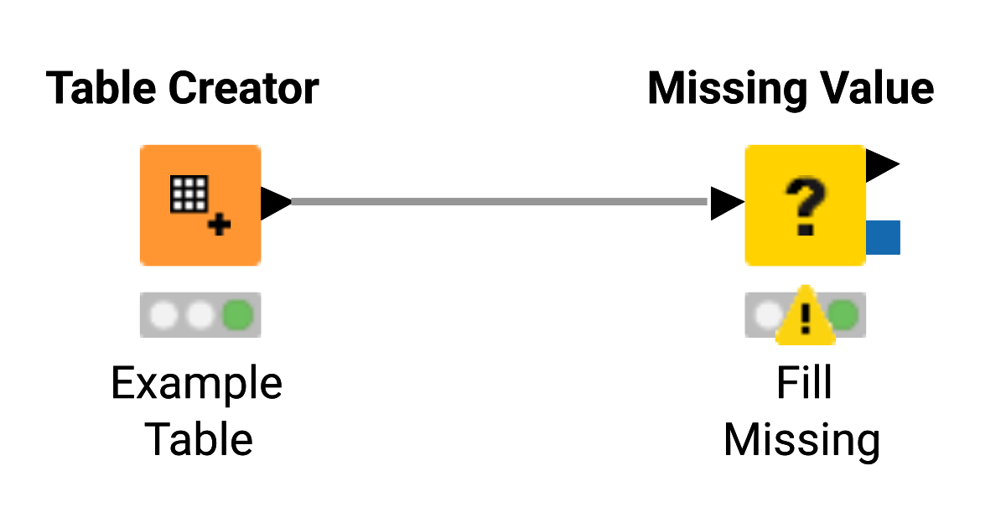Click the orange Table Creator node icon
(200, 205)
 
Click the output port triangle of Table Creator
(273, 203)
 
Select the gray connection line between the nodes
(500, 202)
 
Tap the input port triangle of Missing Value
(726, 203)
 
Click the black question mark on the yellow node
(806, 206)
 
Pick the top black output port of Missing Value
(880, 165)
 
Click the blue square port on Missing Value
(883, 237)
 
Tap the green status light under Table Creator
(238, 315)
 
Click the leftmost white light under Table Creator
(164, 315)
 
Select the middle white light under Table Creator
(201, 315)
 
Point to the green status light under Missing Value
(843, 315)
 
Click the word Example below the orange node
(197, 385)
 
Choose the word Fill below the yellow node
(804, 385)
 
